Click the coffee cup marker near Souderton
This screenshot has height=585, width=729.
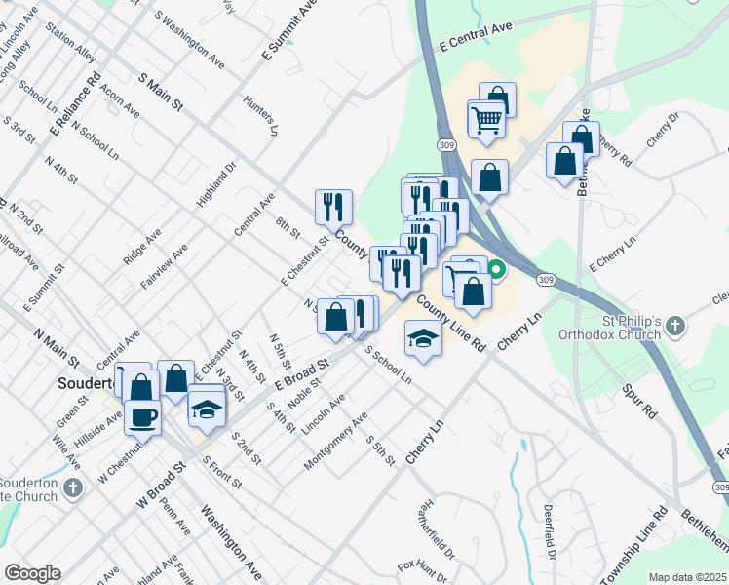point(142,418)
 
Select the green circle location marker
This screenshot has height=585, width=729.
point(496,270)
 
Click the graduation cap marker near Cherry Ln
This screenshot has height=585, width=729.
point(422,337)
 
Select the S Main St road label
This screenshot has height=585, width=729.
point(162,90)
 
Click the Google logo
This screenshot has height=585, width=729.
point(32,573)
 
